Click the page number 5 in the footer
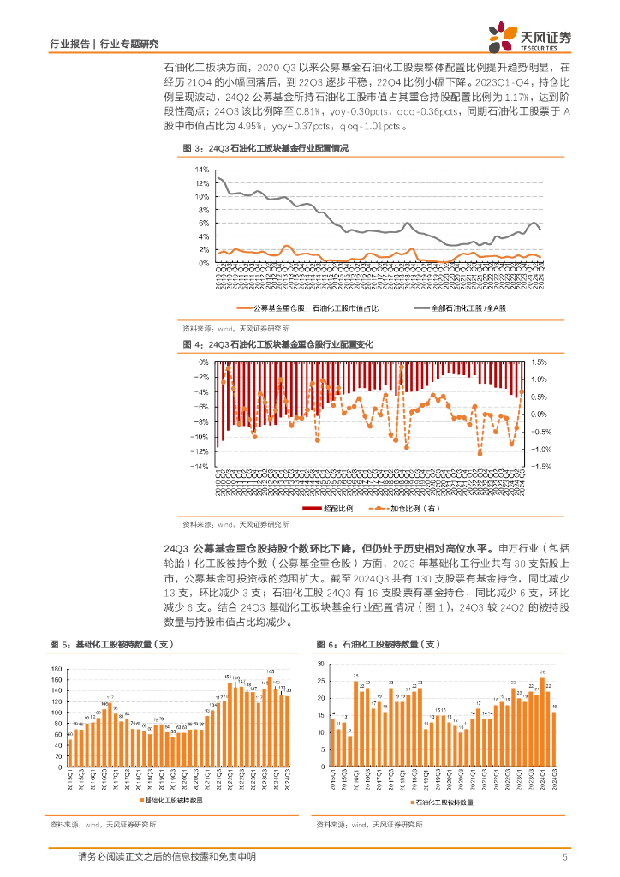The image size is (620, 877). pyautogui.click(x=564, y=857)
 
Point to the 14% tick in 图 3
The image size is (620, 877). pyautogui.click(x=202, y=170)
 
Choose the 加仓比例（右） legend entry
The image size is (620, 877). pyautogui.click(x=402, y=509)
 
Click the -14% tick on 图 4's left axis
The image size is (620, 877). pyautogui.click(x=200, y=468)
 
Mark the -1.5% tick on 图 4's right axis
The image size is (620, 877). pyautogui.click(x=540, y=468)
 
